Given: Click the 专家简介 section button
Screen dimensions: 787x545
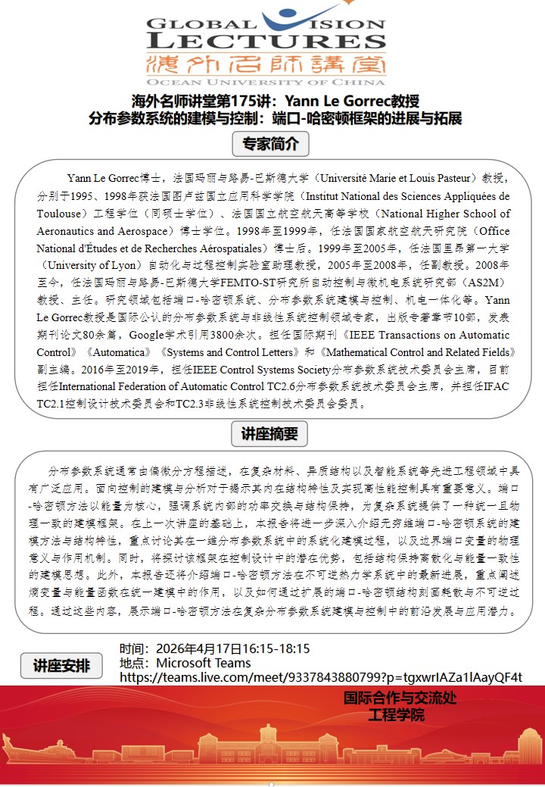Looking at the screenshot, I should [270, 143].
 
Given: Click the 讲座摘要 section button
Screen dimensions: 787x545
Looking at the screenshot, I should [270, 434].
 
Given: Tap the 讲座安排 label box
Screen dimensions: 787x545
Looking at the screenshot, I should [61, 666].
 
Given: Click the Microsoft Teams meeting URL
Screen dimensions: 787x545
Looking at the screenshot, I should [321, 677].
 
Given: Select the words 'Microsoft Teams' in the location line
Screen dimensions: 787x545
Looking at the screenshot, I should [204, 663].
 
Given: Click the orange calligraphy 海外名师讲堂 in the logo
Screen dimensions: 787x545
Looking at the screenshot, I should [266, 63].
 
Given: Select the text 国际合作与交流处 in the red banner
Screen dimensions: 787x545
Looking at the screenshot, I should [400, 698].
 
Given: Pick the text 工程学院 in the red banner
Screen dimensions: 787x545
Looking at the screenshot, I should [396, 714].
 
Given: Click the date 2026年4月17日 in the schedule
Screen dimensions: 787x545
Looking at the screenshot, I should [198, 648].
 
